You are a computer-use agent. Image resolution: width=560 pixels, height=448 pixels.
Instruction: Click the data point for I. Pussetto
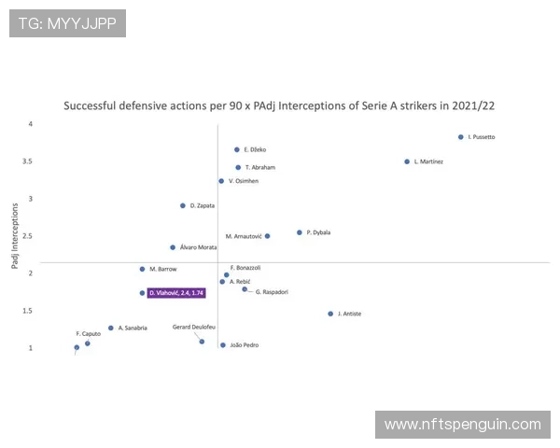pos(461,137)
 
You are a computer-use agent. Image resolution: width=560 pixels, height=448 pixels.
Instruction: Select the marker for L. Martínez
pos(407,161)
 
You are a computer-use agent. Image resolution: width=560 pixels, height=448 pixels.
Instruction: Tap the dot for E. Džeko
pos(237,149)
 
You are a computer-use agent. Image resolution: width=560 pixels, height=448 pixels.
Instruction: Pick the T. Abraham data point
pos(238,168)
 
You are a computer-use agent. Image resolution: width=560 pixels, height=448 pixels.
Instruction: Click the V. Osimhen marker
pos(221,181)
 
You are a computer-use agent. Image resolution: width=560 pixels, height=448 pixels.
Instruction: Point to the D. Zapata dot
pos(183,205)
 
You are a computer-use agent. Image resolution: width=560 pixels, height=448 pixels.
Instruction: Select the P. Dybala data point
pos(300,232)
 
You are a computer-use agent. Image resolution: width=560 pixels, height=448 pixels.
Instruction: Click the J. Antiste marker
pos(330,314)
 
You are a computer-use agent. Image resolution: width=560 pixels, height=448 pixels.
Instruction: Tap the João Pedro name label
pos(245,345)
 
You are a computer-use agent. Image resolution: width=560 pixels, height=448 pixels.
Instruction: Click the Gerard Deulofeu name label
pos(194,327)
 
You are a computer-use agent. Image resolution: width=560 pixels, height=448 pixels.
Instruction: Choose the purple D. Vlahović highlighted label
pos(175,293)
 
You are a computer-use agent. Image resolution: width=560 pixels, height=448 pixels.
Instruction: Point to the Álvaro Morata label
pos(198,247)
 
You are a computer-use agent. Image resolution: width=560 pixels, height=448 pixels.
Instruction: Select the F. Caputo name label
pos(88,333)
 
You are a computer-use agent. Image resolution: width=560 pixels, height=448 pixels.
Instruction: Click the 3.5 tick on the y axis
pos(30,161)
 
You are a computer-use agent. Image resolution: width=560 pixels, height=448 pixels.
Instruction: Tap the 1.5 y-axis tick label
pos(30,311)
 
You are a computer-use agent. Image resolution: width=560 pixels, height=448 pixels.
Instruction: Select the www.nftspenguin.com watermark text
pos(462,425)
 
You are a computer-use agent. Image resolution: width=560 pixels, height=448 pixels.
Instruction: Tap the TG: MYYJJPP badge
pos(67,23)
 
